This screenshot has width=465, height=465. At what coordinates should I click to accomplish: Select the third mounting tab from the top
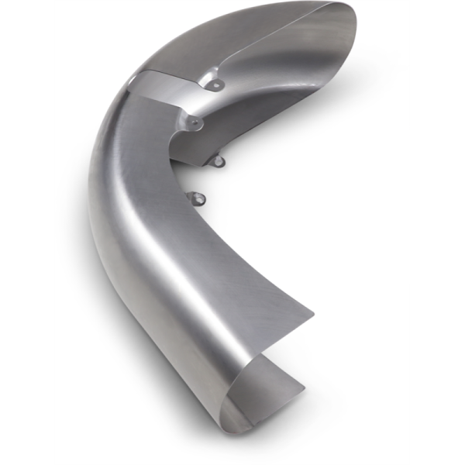[x=219, y=161]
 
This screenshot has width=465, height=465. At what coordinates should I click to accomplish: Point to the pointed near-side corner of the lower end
[x=313, y=315]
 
